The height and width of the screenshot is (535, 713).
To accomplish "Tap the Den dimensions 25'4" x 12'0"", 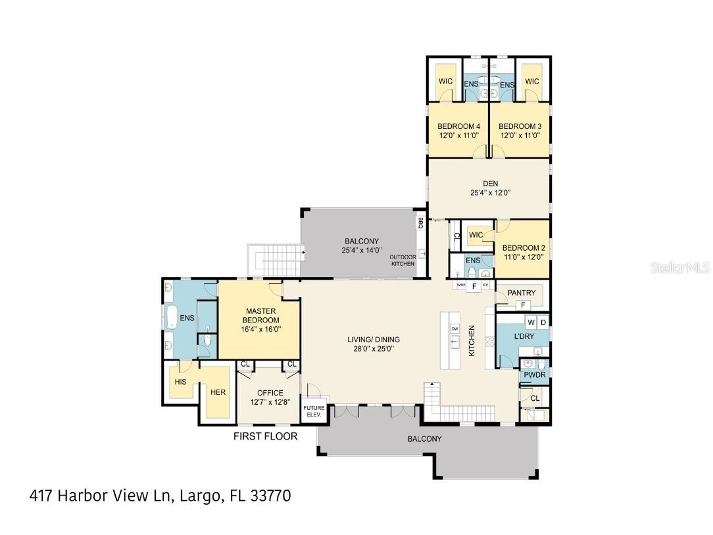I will tap(490, 193).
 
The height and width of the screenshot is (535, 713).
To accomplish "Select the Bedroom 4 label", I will tap(458, 126).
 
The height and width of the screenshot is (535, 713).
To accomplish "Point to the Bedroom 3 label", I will tap(520, 126).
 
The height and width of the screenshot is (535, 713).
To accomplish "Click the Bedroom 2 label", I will tap(524, 248).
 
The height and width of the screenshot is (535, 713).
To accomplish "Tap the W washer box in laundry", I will tap(530, 322).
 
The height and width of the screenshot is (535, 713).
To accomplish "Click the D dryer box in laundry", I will tap(543, 322).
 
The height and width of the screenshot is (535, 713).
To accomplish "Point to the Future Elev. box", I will tap(313, 411).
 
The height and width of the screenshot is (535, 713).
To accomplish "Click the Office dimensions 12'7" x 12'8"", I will tap(270, 402).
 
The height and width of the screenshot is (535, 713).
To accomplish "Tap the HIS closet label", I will tap(181, 382).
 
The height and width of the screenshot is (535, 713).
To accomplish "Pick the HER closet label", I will tap(218, 392).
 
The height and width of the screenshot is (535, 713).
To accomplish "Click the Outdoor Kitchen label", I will tap(403, 261).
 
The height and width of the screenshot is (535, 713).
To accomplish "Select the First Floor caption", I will tap(266, 436).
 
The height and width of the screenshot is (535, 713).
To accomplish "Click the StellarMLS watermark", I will tap(679, 268).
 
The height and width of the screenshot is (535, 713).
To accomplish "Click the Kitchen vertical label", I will tap(472, 341).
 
